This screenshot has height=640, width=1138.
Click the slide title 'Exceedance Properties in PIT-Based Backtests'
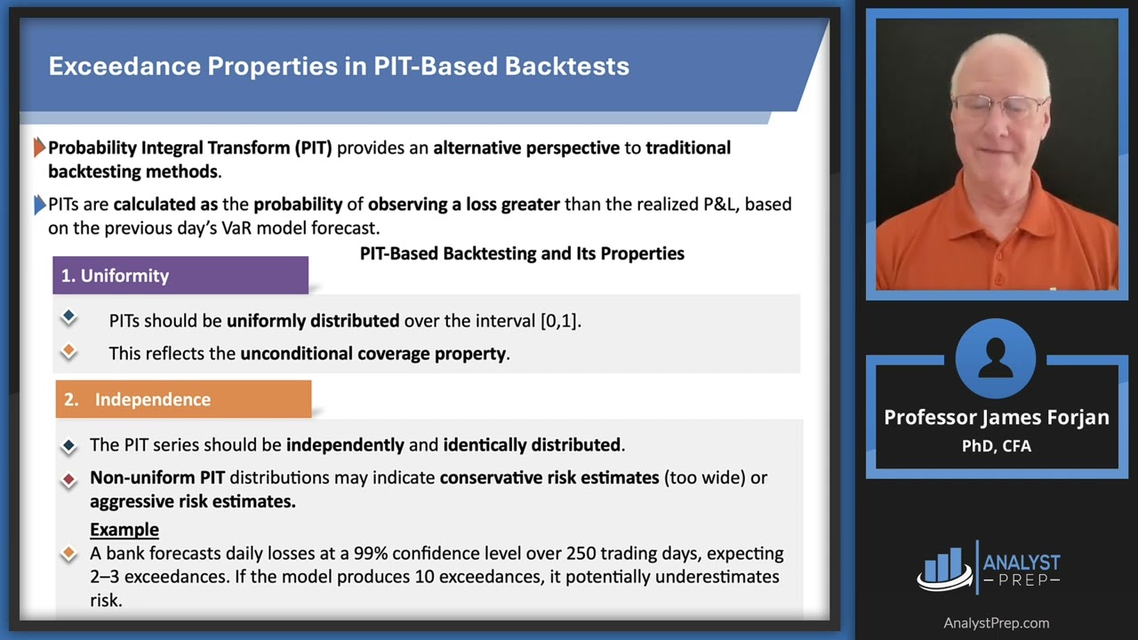click(338, 67)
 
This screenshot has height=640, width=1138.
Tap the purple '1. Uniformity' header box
click(180, 276)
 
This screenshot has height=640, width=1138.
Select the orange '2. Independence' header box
click(183, 400)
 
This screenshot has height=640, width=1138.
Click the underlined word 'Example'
click(124, 530)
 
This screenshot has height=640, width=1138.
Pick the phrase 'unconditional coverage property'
click(373, 354)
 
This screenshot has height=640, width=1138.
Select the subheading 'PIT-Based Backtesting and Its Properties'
click(522, 254)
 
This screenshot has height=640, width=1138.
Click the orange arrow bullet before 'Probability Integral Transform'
click(39, 148)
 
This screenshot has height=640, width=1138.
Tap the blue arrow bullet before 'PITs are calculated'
click(39, 204)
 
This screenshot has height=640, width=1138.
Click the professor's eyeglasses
click(998, 108)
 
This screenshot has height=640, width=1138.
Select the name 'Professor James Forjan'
click(996, 418)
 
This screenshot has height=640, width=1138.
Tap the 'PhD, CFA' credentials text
click(996, 446)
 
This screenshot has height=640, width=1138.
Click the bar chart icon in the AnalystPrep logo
click(944, 569)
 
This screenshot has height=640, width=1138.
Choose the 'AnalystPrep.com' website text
click(996, 623)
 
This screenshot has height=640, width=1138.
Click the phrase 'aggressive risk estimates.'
click(192, 501)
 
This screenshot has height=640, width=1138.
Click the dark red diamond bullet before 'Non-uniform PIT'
click(68, 479)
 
